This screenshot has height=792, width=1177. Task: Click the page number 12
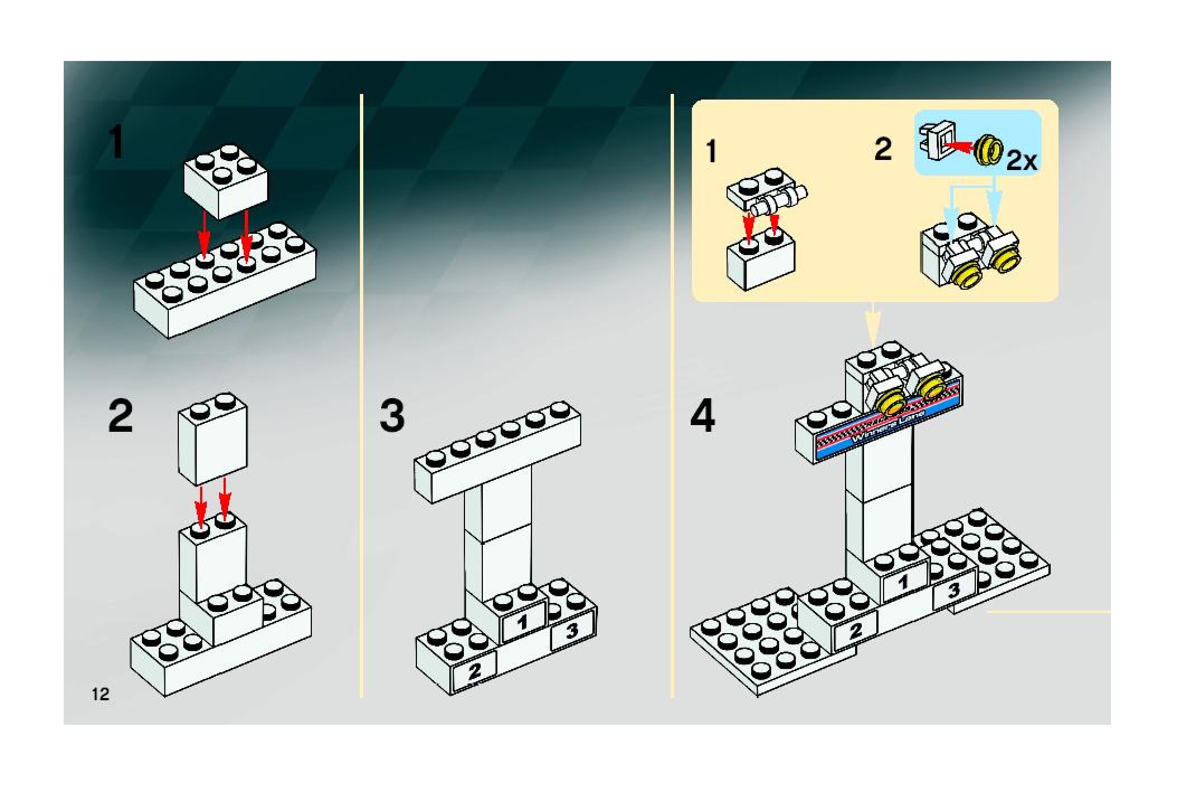101,695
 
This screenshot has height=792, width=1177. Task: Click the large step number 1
116,143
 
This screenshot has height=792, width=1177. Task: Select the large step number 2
121,416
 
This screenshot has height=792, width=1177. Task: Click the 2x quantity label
1022,162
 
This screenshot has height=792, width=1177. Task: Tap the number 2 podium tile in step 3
474,671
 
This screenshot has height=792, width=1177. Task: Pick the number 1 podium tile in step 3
524,621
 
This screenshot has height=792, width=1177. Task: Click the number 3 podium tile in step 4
954,590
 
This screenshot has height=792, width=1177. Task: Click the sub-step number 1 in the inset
711,152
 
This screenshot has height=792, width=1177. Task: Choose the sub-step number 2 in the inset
882,149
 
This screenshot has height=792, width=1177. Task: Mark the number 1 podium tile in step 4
904,583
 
